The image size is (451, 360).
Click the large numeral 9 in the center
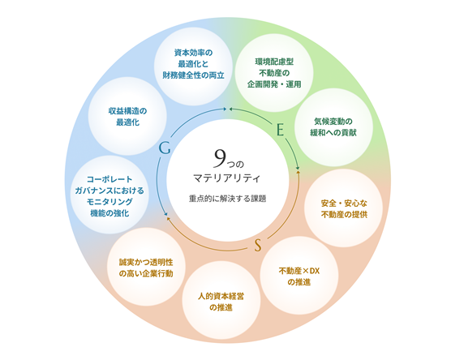click(220, 158)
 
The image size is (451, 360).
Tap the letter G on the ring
click(165, 148)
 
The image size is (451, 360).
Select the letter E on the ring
click(280, 130)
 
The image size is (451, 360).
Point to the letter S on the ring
click(258, 246)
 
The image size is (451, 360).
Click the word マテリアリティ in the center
click(226, 178)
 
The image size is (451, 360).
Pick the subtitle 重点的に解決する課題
click(227, 199)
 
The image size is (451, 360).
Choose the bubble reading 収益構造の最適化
click(127, 116)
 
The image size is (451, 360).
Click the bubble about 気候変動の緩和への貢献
click(333, 127)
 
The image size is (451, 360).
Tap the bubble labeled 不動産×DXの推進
click(299, 276)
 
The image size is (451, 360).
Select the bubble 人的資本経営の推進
click(221, 301)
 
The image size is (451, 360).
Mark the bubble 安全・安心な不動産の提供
click(344, 208)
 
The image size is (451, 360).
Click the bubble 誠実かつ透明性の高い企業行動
click(146, 267)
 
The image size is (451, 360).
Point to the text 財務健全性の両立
click(194, 75)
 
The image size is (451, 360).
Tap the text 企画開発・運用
click(274, 84)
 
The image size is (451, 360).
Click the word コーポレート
click(110, 179)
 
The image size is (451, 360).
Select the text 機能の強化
click(110, 213)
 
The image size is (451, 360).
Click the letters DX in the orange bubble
click(315, 271)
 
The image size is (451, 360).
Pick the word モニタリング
click(110, 202)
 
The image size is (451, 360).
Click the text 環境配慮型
click(274, 62)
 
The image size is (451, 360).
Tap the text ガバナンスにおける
click(110, 191)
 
